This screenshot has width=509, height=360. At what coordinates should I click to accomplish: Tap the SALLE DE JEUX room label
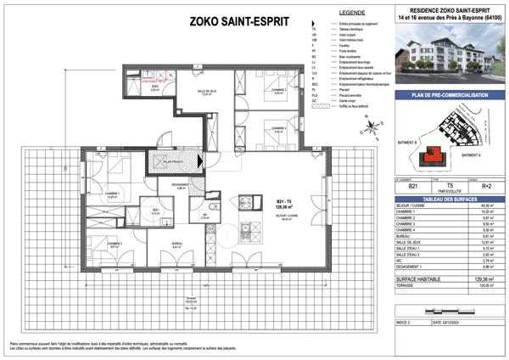(196, 93)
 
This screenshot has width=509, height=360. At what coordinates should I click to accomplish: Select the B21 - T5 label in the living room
(260, 200)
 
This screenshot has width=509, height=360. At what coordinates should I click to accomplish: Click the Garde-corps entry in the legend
(348, 100)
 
